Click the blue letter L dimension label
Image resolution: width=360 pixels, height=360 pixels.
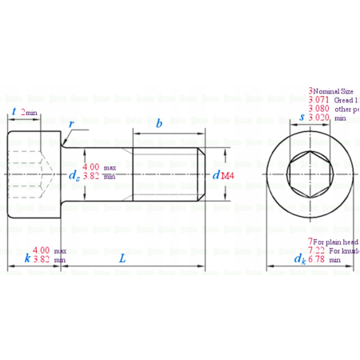tap(122, 258)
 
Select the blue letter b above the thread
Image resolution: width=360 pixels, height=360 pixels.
tap(159, 123)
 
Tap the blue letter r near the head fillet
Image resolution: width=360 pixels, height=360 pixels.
tap(71, 125)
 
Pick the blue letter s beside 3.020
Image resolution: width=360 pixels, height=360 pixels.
tap(300, 117)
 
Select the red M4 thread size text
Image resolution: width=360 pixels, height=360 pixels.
tap(227, 174)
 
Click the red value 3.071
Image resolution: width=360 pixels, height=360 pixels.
tap(319, 100)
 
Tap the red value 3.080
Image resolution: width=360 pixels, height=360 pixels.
tap(319, 109)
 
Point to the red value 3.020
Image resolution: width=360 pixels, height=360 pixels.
tap(319, 118)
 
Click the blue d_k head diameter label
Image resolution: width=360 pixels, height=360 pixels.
tap(299, 258)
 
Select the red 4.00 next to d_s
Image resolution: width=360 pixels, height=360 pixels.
tap(92, 166)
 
